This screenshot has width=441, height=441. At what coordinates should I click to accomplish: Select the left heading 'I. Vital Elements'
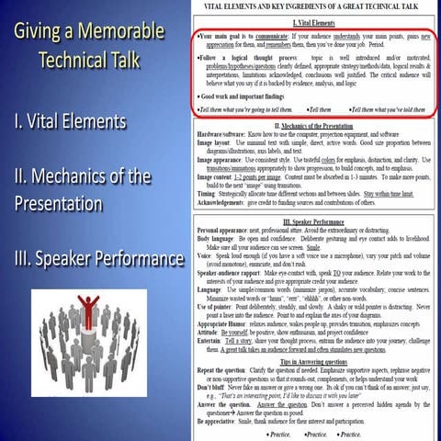coord(83,121)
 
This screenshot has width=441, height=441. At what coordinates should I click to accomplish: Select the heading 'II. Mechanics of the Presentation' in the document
coord(315,124)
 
